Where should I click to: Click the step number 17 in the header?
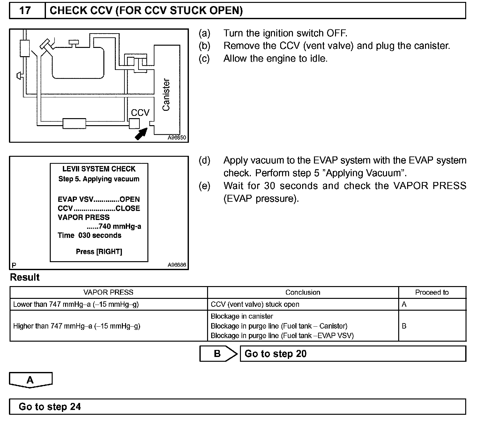pos(25,11)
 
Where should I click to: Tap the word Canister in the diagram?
pos(166,95)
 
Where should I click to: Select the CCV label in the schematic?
pos(140,113)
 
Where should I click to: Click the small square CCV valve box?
pos(134,123)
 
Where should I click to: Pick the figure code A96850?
pos(177,138)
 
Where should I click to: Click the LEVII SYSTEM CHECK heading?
pos(99,169)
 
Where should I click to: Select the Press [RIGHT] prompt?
pos(99,252)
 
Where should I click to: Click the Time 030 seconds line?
pos(89,235)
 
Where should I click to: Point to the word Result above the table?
pos(25,277)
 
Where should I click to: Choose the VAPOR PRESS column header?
pos(108,292)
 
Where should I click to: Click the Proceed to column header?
pos(432,292)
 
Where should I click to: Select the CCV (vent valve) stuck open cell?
pos(255,304)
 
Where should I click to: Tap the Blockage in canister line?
pos(242,316)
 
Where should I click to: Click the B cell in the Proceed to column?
pos(404,326)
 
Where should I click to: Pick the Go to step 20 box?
pos(353,354)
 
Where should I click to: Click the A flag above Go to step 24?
pos(30,380)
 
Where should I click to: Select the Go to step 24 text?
pos(50,407)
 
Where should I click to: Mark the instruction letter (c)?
pos(204,59)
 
